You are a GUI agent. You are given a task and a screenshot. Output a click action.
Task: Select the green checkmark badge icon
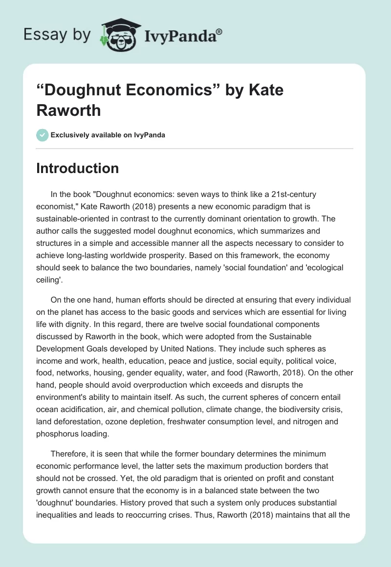pyautogui.click(x=42, y=135)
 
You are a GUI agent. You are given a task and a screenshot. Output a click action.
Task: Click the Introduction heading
pyautogui.click(x=78, y=168)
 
